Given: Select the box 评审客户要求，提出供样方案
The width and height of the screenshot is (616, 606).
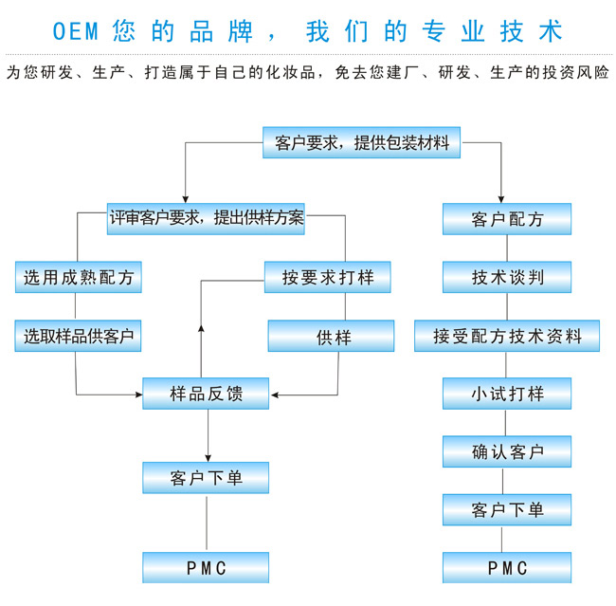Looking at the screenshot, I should point(207,218).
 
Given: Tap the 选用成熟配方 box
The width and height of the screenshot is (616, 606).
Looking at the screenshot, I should point(79,278).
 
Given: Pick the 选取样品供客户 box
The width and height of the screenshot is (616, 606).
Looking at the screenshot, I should point(79,336).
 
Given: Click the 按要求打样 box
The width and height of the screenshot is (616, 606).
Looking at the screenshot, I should point(328,278).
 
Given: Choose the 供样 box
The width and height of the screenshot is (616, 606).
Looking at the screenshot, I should point(331,336).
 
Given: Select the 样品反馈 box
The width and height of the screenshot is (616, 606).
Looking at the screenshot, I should point(206,394).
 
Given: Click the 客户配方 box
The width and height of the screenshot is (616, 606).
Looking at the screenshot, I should point(507,219).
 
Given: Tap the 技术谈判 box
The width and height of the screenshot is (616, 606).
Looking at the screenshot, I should point(507,278).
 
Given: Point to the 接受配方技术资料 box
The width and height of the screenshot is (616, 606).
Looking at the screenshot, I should point(507,336).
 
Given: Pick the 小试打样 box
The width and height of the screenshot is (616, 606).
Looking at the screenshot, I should point(507,394).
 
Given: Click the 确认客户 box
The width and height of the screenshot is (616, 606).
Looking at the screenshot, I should point(507,451).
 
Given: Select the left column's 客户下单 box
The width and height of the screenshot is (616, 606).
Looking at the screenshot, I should point(206,477).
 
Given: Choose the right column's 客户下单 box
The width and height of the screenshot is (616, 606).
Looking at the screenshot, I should point(507,510).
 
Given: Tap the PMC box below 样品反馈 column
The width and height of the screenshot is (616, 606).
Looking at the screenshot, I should point(206,567).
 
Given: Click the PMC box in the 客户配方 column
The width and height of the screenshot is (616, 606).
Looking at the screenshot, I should point(507,567).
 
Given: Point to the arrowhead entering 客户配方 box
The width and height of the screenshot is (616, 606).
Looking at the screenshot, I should point(506,199).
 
